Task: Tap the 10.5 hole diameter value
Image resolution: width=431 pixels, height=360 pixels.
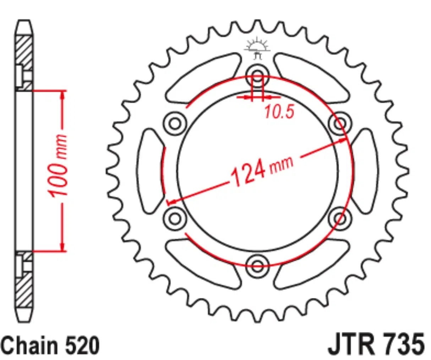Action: click(279, 112)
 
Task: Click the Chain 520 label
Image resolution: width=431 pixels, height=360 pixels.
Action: click(50, 345)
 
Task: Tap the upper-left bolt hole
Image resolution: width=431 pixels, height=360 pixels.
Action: click(175, 123)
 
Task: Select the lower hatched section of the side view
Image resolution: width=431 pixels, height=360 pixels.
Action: click(24, 291)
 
